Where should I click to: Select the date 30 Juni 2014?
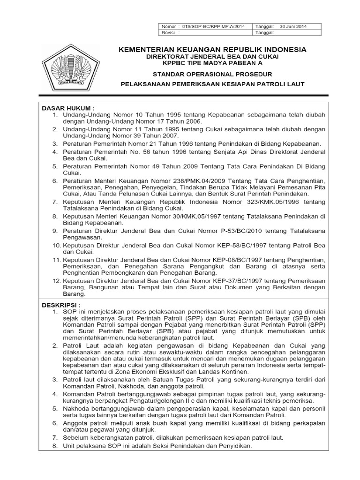(x=292, y=27)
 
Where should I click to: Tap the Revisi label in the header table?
(x=167, y=33)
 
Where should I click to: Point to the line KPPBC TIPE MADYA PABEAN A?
(x=213, y=63)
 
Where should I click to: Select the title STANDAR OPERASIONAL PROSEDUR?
(x=213, y=74)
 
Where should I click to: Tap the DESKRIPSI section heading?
(x=61, y=304)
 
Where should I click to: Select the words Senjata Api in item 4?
(x=220, y=151)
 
